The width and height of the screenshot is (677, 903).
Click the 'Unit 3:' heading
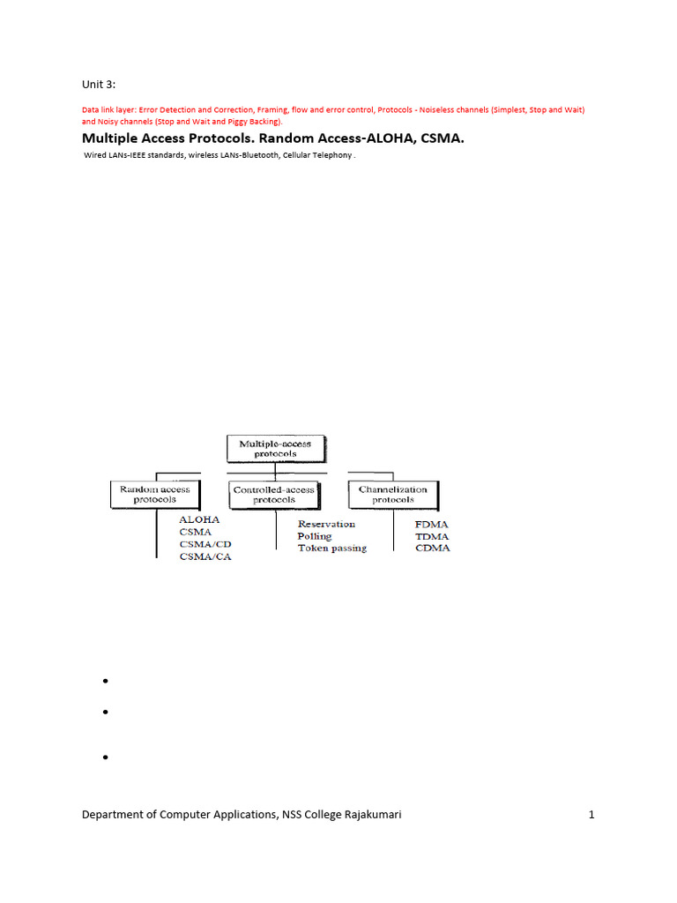coord(99,84)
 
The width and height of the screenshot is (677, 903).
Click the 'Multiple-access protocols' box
coord(275,449)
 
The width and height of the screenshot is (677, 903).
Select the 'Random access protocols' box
coord(154,494)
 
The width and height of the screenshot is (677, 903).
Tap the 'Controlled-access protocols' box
coord(275,494)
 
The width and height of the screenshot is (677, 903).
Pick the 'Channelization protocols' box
coord(392,494)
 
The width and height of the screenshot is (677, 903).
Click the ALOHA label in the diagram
coord(199,520)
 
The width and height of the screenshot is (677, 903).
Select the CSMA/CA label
coord(205,556)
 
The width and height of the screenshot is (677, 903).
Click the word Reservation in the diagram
coord(326,524)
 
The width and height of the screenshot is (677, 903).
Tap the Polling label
coord(315,536)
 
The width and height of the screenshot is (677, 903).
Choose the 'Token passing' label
coord(331,548)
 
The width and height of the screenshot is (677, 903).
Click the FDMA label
coord(432,524)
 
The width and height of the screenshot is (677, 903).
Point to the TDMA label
coord(432,536)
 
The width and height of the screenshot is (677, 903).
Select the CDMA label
coord(432,548)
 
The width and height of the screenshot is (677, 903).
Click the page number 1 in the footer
coord(591,815)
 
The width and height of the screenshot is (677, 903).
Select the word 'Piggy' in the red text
coord(227,121)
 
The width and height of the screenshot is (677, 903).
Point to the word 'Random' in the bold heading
coord(293,138)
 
